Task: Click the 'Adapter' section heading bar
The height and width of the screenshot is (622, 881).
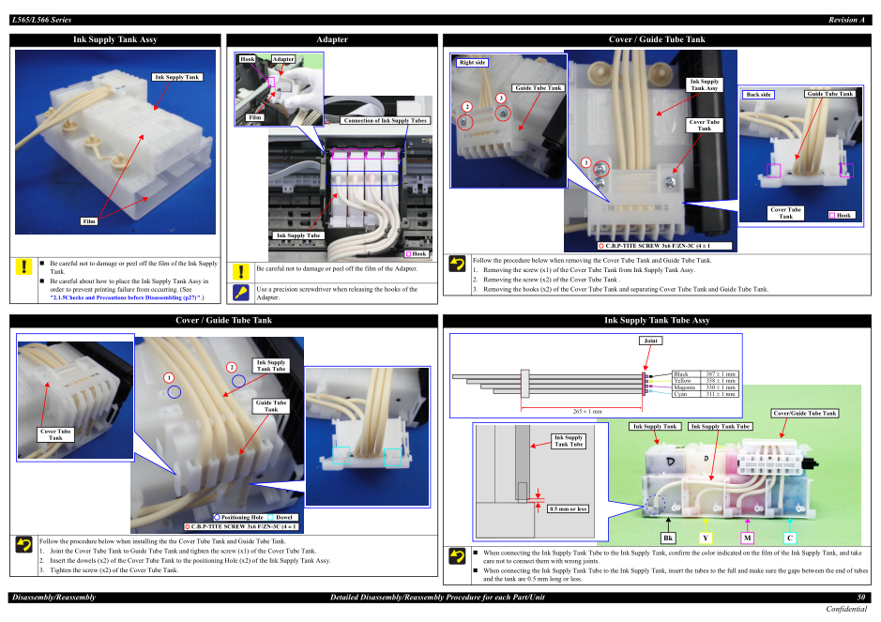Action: pos(332,39)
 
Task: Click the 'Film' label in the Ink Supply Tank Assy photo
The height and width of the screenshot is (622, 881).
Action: pos(89,221)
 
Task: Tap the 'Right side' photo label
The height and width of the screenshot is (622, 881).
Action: pos(473,63)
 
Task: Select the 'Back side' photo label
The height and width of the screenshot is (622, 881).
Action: pos(758,95)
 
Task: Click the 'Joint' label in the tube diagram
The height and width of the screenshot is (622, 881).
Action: pos(650,341)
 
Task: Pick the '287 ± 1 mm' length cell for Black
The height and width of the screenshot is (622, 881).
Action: pos(721,374)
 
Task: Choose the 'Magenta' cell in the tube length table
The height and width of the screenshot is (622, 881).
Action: pos(685,387)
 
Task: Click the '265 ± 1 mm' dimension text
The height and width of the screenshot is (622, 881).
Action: pos(586,411)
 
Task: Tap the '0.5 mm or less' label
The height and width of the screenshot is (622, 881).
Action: pos(568,508)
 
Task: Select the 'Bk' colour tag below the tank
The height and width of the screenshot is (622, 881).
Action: pos(668,538)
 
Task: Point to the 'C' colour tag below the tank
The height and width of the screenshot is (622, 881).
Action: pos(790,538)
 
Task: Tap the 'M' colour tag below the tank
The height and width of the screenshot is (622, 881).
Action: pos(747,538)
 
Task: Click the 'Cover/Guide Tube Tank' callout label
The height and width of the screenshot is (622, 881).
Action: pos(804,413)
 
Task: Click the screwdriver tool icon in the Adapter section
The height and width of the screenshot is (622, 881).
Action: pos(241,292)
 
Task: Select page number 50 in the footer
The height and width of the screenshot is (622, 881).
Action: pos(861,598)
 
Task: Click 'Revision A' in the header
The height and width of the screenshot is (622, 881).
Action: pos(846,20)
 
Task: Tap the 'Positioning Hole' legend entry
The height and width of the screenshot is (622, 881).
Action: pos(240,517)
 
